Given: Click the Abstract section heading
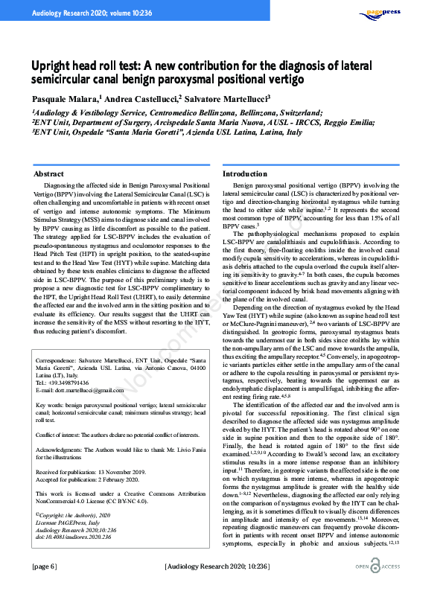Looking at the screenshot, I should coord(48,174).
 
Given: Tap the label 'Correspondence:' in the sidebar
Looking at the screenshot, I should coord(59,362).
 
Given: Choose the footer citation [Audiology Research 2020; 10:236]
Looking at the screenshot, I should coord(221,567).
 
